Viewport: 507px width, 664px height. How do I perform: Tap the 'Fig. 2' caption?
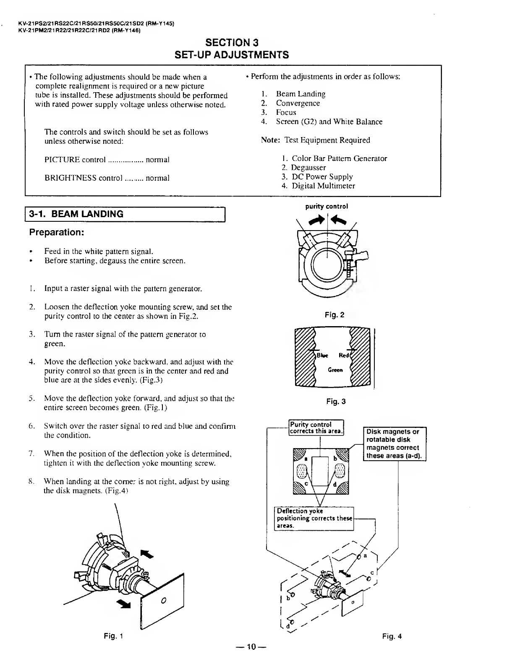point(335,315)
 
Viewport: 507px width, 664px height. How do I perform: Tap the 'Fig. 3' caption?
point(336,402)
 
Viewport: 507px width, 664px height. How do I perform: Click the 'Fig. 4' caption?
point(392,636)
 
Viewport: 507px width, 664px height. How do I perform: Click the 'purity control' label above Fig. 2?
point(327,206)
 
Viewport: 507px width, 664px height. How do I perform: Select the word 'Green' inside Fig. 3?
point(335,370)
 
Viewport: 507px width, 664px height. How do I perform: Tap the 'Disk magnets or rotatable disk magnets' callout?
point(394,444)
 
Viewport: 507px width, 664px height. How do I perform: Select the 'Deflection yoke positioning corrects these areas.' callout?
point(314,518)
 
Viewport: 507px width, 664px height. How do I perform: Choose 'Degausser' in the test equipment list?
point(308,168)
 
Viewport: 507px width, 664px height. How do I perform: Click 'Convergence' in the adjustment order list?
point(298,103)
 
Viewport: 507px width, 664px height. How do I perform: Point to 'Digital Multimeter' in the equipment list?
point(323,186)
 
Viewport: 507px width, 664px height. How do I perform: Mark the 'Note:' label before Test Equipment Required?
point(270,140)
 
